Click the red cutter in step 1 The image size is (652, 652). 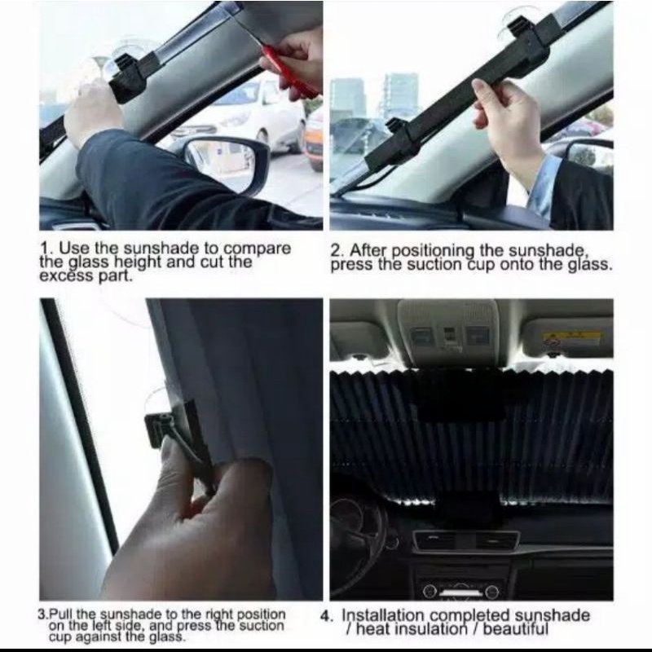click(290, 73)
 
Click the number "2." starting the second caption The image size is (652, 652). click(337, 250)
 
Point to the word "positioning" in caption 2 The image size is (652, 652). click(433, 251)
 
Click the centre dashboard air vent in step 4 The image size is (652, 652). click(466, 541)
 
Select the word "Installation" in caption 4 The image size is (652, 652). click(385, 615)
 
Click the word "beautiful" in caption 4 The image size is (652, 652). click(516, 628)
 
